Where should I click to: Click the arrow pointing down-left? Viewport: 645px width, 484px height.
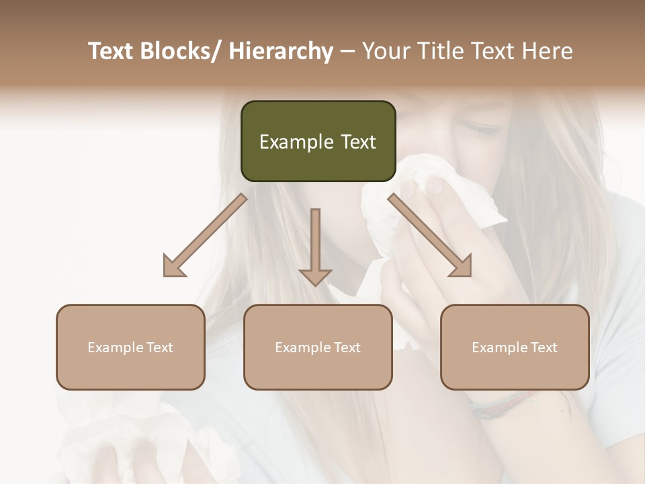pos(205,235)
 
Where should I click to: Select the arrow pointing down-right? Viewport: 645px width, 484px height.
pos(430,235)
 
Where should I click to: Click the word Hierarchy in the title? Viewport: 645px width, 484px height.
pos(281,51)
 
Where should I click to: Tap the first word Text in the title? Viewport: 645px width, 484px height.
pos(112,51)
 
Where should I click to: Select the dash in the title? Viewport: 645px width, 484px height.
pos(347,51)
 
